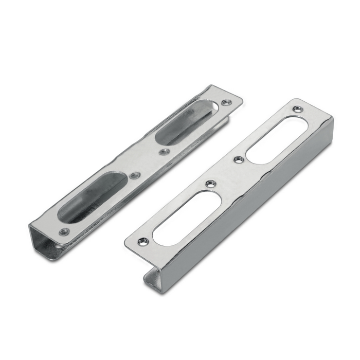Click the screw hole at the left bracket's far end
(x=225, y=103)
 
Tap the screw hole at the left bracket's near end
(x=64, y=232)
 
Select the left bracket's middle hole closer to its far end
(x=164, y=152)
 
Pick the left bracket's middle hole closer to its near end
(x=135, y=175)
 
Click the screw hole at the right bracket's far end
(x=297, y=109)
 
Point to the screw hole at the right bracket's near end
(x=143, y=241)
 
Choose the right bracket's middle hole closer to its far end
(x=238, y=159)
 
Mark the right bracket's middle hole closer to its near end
(x=210, y=184)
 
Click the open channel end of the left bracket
(x=44, y=242)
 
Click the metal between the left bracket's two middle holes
(x=150, y=164)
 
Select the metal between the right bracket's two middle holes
(x=224, y=172)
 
